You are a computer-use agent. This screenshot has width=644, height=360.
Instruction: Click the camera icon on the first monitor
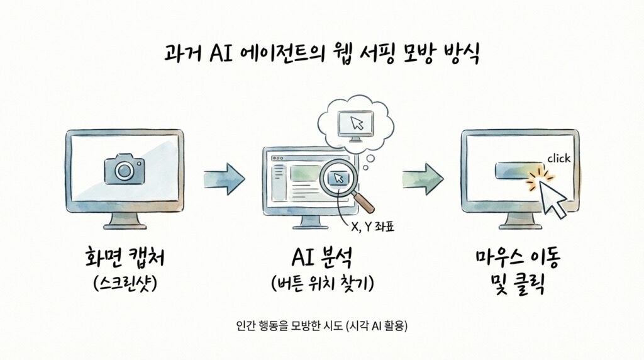click(x=125, y=168)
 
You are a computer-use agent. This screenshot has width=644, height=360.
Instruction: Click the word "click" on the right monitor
click(x=558, y=159)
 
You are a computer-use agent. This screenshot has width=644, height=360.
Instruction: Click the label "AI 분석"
click(x=322, y=259)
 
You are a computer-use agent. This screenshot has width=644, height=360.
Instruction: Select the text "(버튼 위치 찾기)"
click(x=322, y=284)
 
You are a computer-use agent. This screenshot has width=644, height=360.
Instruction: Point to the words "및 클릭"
click(x=518, y=285)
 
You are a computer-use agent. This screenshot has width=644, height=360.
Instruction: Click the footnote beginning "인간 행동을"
click(x=322, y=326)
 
